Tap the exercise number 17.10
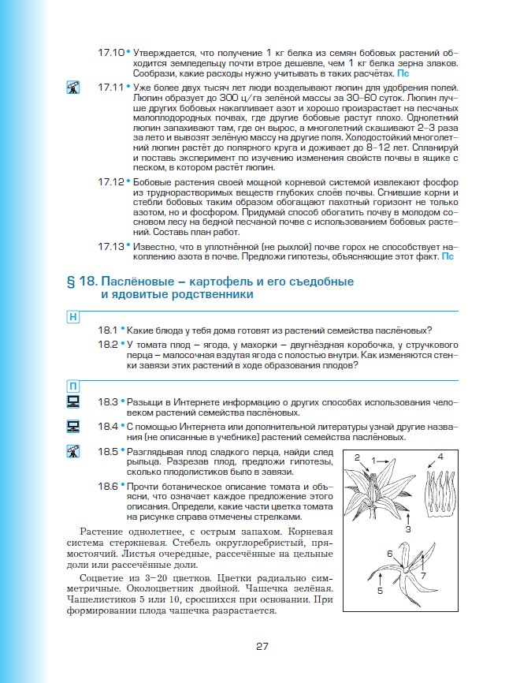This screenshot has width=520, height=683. coord(110,52)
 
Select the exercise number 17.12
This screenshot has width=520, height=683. coord(110,181)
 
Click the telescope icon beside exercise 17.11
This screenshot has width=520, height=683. coord(73,88)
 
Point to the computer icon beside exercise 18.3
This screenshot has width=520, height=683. coord(73,401)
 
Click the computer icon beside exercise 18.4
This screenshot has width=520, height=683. coord(73,427)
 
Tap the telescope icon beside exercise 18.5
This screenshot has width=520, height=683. coord(73,453)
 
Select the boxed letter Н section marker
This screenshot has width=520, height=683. coord(72,317)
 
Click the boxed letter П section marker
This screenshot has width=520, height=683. coord(72,386)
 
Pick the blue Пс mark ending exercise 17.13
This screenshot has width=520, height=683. coord(448,256)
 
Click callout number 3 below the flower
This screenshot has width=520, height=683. coord(408,529)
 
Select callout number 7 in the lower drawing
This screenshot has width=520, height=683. coord(422,575)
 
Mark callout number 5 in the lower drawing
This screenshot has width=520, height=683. coord(379,589)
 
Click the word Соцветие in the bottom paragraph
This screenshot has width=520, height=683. coord(103,577)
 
